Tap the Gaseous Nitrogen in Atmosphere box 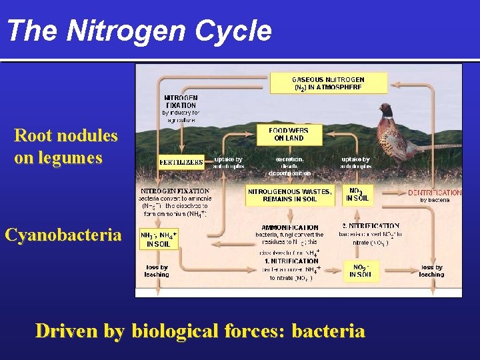(x=328, y=83)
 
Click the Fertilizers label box (x=181, y=162)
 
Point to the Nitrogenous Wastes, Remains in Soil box (x=289, y=195)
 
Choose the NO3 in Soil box (x=357, y=194)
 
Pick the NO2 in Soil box (x=359, y=271)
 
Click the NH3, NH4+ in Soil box (x=158, y=240)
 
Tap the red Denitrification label (x=434, y=193)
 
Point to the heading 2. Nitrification (x=370, y=226)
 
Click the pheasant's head (x=386, y=107)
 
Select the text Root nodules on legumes (x=65, y=147)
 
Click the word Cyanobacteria (x=63, y=235)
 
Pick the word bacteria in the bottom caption (x=328, y=331)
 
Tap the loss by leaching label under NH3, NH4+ (x=157, y=271)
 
